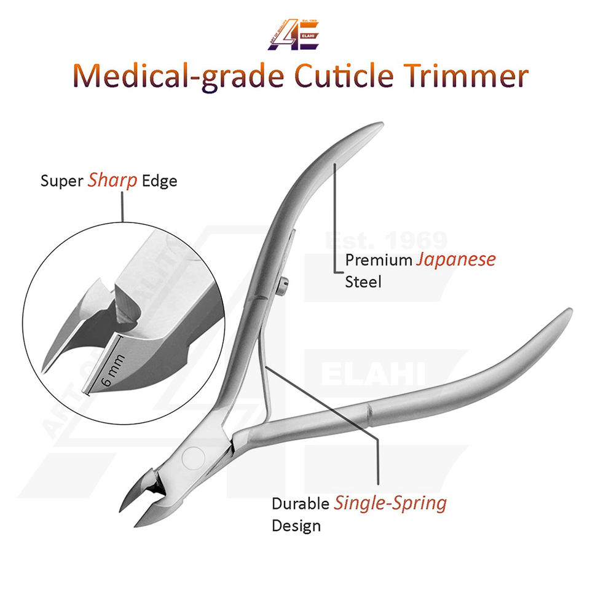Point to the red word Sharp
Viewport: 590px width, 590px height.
pyautogui.click(x=112, y=181)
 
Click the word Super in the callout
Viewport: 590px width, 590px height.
pyautogui.click(x=62, y=181)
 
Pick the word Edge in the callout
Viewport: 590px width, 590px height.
pyautogui.click(x=159, y=181)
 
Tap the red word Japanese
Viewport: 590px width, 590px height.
pyautogui.click(x=455, y=259)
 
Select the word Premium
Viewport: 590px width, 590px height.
pyautogui.click(x=379, y=259)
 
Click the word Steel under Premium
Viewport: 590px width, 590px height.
pyautogui.click(x=363, y=281)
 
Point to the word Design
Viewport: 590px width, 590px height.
pyautogui.click(x=296, y=526)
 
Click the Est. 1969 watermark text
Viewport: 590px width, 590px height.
pyautogui.click(x=385, y=240)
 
